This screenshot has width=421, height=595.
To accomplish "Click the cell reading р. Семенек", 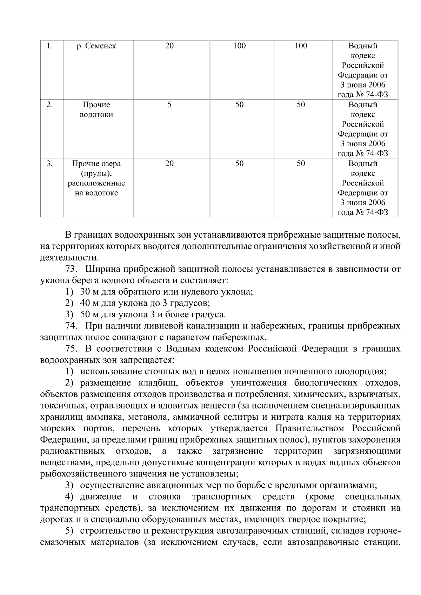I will pyautogui.click(x=96, y=46).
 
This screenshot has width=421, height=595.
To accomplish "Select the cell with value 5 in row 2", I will pyautogui.click(x=169, y=105).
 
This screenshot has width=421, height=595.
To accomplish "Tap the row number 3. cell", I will pyautogui.click(x=50, y=164).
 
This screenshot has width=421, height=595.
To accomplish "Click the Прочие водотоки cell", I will pyautogui.click(x=96, y=110).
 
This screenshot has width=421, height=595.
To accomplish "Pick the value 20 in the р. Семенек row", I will pyautogui.click(x=169, y=46).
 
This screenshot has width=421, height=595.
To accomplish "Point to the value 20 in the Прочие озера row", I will pyautogui.click(x=169, y=164).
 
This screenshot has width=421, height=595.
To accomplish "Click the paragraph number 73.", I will pyautogui.click(x=71, y=269).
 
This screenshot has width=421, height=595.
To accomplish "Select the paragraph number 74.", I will pyautogui.click(x=71, y=326).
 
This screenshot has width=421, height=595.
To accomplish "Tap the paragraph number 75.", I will pyautogui.click(x=71, y=349).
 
